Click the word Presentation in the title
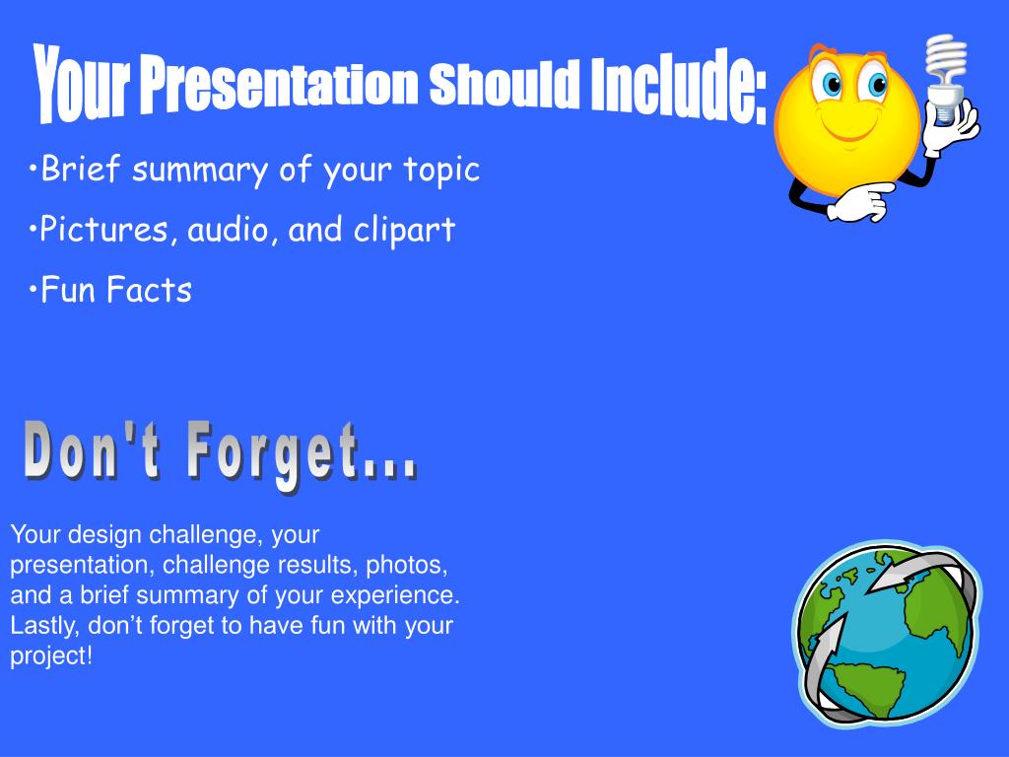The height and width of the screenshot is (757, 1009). (280, 84)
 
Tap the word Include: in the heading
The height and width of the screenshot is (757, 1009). (679, 85)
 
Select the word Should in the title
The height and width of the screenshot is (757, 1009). (504, 83)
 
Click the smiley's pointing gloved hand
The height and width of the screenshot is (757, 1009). (860, 201)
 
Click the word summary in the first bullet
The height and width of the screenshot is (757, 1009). (199, 172)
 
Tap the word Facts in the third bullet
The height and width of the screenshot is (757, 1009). (149, 290)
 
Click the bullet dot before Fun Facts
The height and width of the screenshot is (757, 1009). (33, 290)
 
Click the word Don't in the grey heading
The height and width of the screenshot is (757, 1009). (93, 450)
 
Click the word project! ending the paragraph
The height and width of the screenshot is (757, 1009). (51, 656)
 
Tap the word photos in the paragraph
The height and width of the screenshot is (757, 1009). (406, 565)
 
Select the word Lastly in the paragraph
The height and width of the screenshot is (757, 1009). (44, 626)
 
